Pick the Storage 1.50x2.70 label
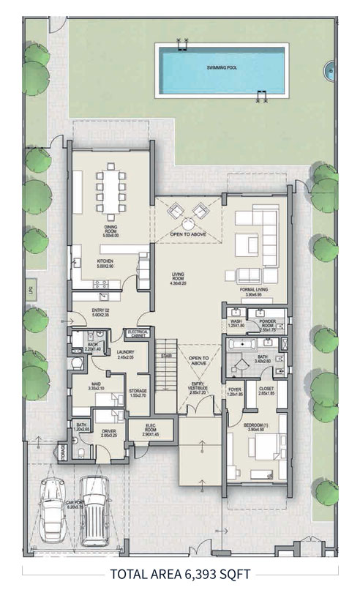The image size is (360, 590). pos(138,392)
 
